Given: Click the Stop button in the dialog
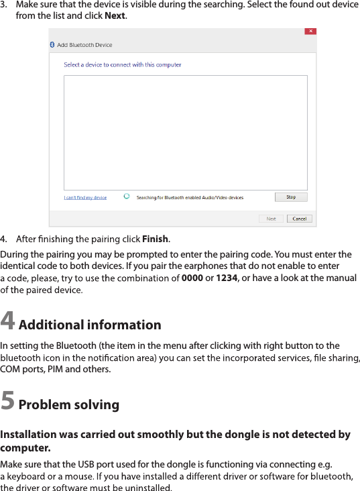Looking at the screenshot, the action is pos(291,197).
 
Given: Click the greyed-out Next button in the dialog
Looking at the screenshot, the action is pos(271,219).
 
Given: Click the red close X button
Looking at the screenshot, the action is pos(311,32).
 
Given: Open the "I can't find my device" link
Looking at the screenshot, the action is pos(85,198).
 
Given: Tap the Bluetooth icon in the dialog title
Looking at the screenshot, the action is pos(53,44).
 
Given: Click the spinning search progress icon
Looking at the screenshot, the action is pos(127,197).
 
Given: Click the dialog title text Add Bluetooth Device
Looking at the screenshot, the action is pos(84,45).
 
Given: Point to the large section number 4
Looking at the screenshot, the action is pos(8,322).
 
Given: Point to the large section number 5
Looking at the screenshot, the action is pos(8,401).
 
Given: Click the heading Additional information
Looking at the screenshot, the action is pos(90,325).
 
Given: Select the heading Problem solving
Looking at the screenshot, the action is pos(69,405).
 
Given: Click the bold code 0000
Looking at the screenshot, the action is pos(192,278).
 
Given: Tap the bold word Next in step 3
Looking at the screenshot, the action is pos(115,15).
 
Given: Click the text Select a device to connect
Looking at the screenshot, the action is pos(123,65).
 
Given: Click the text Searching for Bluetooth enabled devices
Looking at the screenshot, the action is pos(190,198).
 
